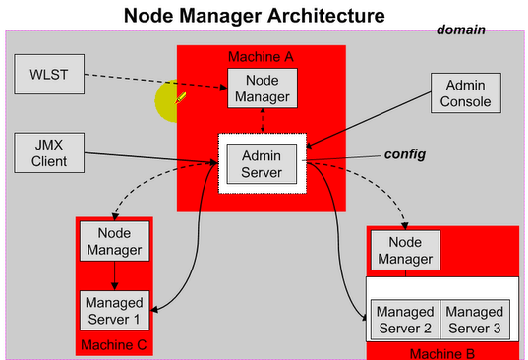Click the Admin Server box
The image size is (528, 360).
click(x=262, y=162)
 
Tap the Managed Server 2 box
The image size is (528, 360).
click(x=404, y=318)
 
